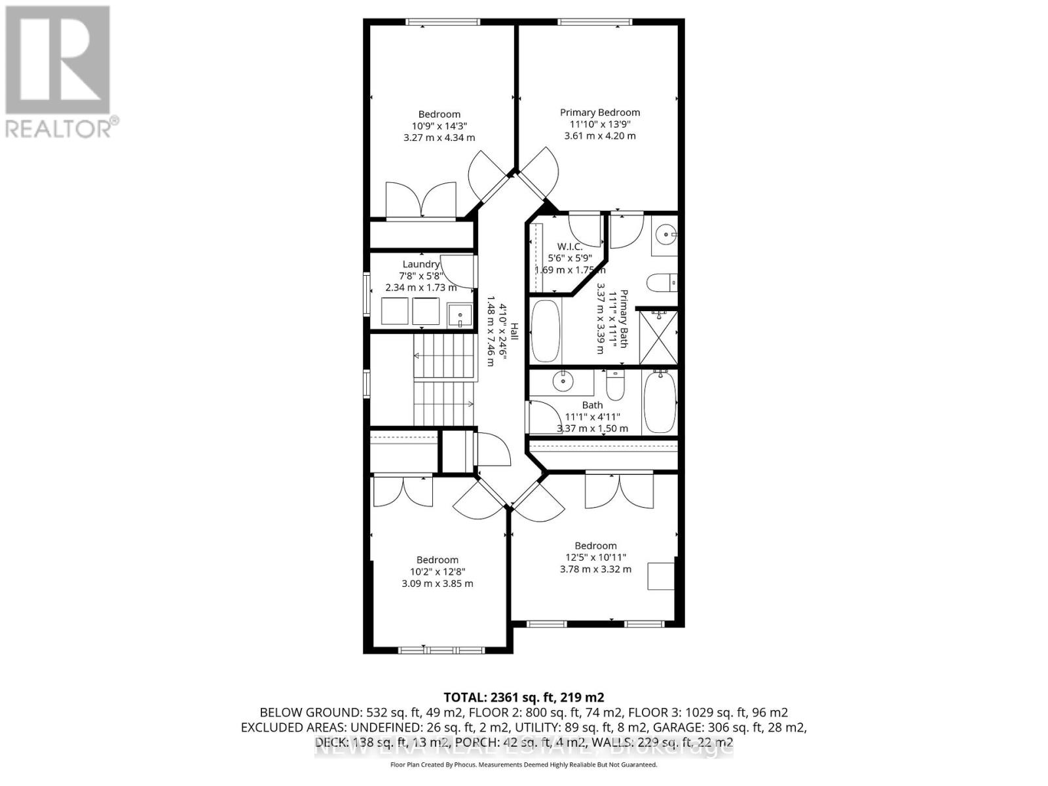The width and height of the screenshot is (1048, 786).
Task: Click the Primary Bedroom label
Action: point(599,112)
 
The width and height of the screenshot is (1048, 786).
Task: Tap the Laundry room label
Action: point(421,265)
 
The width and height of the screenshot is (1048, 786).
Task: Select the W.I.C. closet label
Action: point(569,246)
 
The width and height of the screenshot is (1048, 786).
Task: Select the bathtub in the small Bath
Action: point(659,402)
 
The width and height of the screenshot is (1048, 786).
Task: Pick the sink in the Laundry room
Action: point(460,315)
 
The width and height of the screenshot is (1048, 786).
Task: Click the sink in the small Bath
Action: point(563,381)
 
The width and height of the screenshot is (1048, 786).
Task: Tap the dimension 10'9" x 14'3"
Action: point(439,126)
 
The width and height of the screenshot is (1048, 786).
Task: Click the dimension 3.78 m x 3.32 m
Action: point(595,569)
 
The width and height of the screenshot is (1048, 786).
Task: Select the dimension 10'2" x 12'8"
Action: point(437,572)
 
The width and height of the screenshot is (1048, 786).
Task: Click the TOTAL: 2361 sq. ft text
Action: point(523,697)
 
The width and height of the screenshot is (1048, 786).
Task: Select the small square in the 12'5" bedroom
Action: point(660,576)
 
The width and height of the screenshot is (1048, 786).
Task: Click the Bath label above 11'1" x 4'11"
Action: point(592,405)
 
